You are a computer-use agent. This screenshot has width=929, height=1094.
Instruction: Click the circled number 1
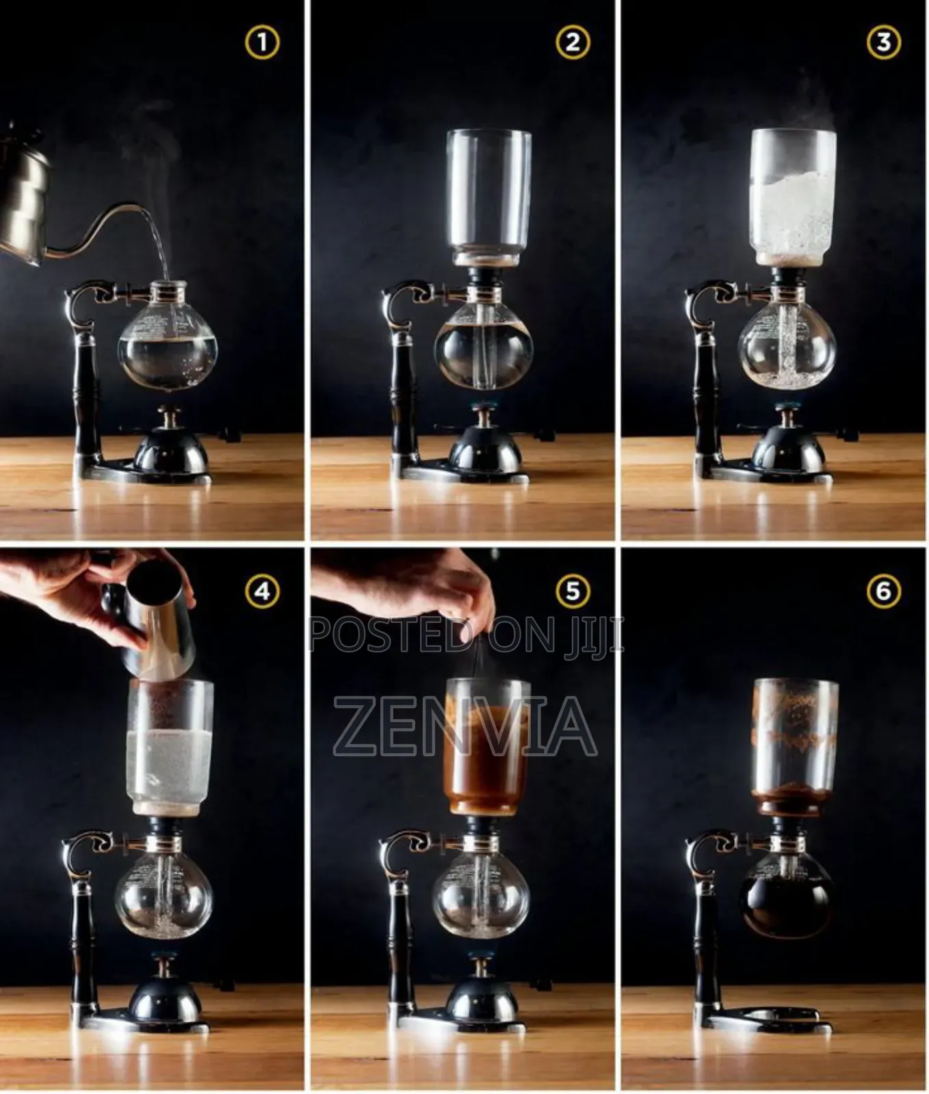point(262,43)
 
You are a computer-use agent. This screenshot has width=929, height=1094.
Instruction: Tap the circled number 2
point(573,43)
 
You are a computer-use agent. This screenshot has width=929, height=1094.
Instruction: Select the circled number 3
point(883,43)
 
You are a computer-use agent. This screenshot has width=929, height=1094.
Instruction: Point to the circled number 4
point(262,591)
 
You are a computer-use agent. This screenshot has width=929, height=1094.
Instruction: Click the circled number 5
point(573,591)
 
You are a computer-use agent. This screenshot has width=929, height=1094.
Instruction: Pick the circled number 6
point(883,591)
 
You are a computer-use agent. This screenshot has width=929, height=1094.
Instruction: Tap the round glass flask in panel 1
point(168,345)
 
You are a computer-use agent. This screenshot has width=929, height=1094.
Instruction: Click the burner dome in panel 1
point(171,455)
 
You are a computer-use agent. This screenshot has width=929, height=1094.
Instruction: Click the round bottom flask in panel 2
point(483,349)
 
